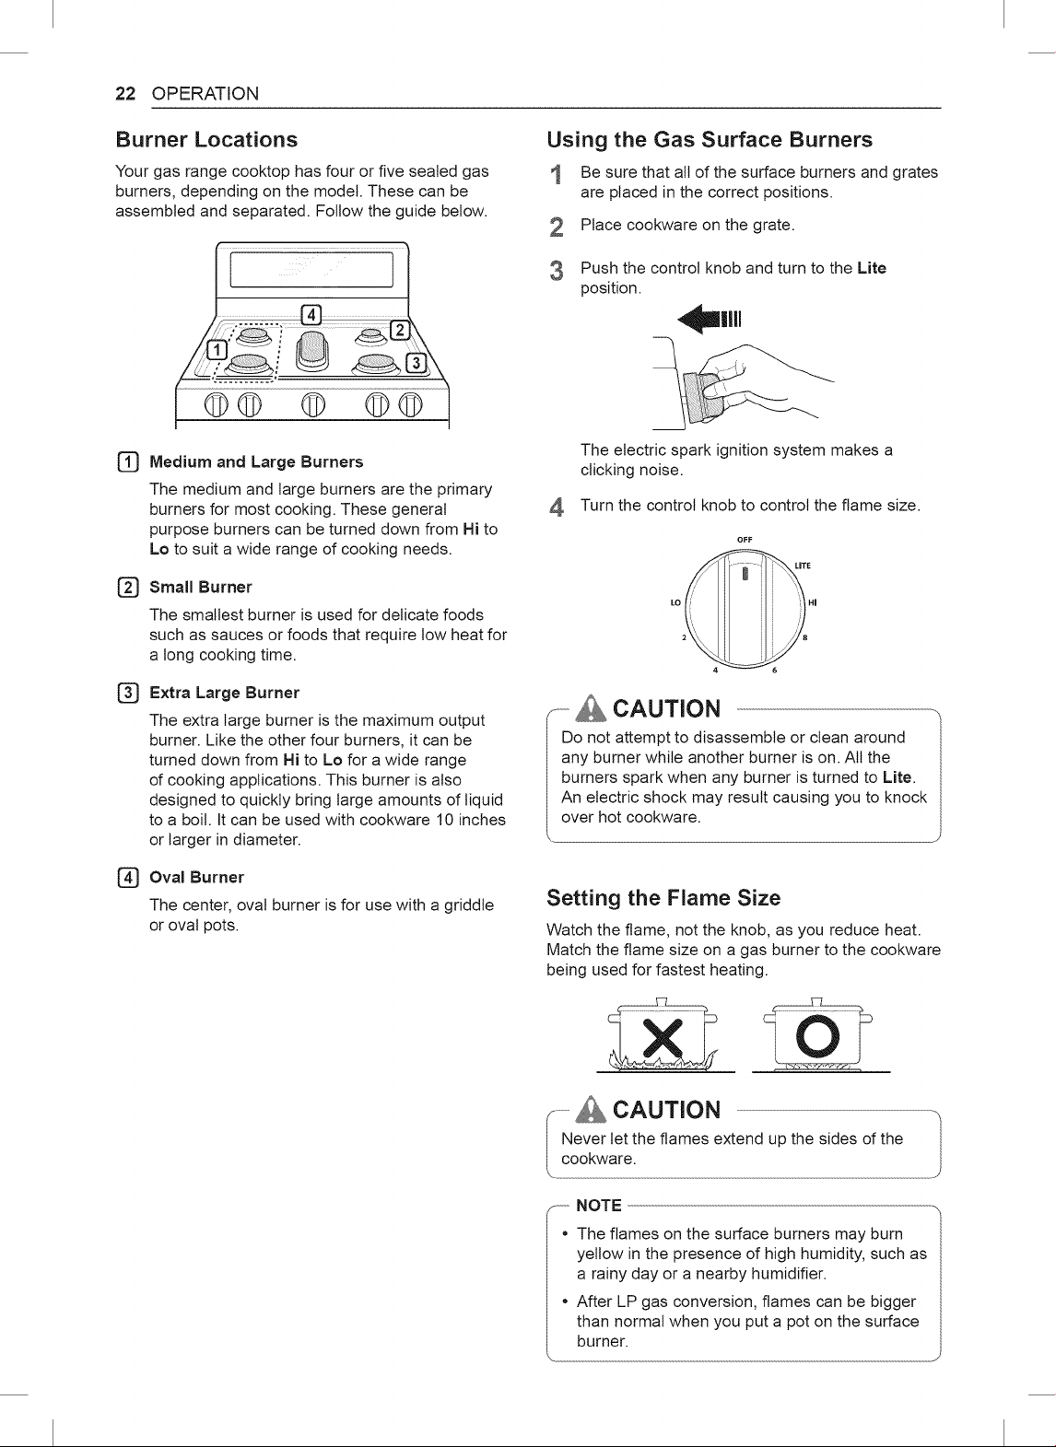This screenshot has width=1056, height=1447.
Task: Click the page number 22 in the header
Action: [x=125, y=94]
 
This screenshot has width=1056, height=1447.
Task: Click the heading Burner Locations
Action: [x=206, y=139]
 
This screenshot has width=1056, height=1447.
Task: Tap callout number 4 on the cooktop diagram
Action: [x=311, y=315]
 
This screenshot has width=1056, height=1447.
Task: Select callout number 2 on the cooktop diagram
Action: [x=400, y=330]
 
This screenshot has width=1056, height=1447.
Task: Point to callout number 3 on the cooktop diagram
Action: [x=417, y=363]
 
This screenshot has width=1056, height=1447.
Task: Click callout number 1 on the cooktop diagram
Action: [x=217, y=349]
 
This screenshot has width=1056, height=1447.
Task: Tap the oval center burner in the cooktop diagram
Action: [x=312, y=352]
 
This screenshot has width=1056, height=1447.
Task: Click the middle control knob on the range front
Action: [x=312, y=405]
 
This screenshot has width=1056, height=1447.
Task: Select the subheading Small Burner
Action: [x=200, y=588]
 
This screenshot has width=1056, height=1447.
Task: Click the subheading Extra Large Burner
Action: [x=224, y=693]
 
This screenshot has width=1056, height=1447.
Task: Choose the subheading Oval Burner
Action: [x=196, y=877]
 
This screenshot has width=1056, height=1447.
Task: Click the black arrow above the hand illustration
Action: [x=709, y=320]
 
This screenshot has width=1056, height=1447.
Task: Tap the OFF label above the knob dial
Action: [x=745, y=540]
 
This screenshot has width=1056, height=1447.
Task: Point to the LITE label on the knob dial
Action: [x=803, y=566]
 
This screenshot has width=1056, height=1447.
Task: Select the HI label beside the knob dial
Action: [x=813, y=602]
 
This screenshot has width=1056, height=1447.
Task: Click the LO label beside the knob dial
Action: [x=675, y=602]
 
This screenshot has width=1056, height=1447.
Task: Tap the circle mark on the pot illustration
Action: [x=817, y=1035]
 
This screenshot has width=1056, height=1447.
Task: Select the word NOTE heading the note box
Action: [x=598, y=1206]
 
